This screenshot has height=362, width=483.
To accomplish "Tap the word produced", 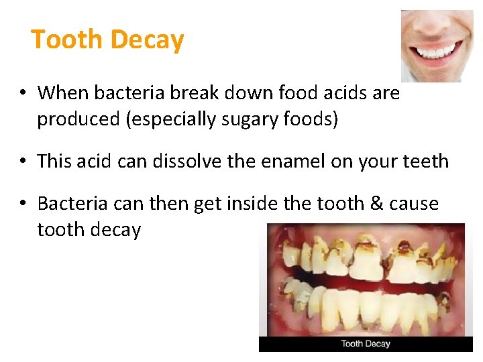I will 75,119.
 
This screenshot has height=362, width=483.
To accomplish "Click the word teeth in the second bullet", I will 424,161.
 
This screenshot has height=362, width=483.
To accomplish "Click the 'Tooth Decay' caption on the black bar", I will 366,344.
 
